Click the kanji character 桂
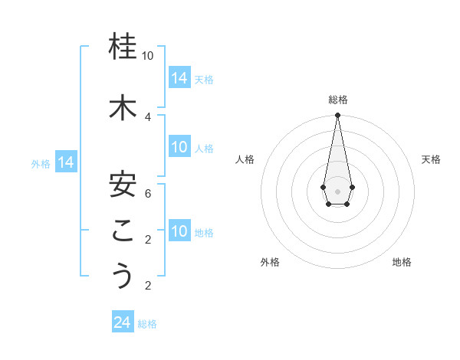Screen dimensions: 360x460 coord(123,47)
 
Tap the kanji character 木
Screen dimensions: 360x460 coord(123,108)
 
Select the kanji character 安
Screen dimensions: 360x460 coord(123,184)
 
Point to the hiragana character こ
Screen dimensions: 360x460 coord(123,231)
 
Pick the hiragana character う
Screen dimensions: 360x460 coord(123,276)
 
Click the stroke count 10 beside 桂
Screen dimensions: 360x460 coord(148,56)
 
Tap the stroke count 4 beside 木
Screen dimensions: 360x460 coord(148,116)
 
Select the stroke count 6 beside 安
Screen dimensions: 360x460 coord(148,193)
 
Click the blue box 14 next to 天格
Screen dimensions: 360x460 coord(179,78)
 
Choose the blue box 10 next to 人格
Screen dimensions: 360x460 coord(179,147)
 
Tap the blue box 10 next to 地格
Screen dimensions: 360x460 coord(179,231)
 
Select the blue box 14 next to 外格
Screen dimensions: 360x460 coord(66,162)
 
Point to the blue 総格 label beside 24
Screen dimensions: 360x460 coord(147,324)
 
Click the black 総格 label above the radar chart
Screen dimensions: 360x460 coord(337,100)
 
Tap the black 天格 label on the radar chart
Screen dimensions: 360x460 coord(432,159)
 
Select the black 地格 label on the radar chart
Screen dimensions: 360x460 coord(402,262)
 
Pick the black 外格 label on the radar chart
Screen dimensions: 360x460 coord(270,262)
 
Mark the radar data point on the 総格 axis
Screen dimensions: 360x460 coord(337,116)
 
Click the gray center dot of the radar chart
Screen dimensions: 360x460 coord(337,190)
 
